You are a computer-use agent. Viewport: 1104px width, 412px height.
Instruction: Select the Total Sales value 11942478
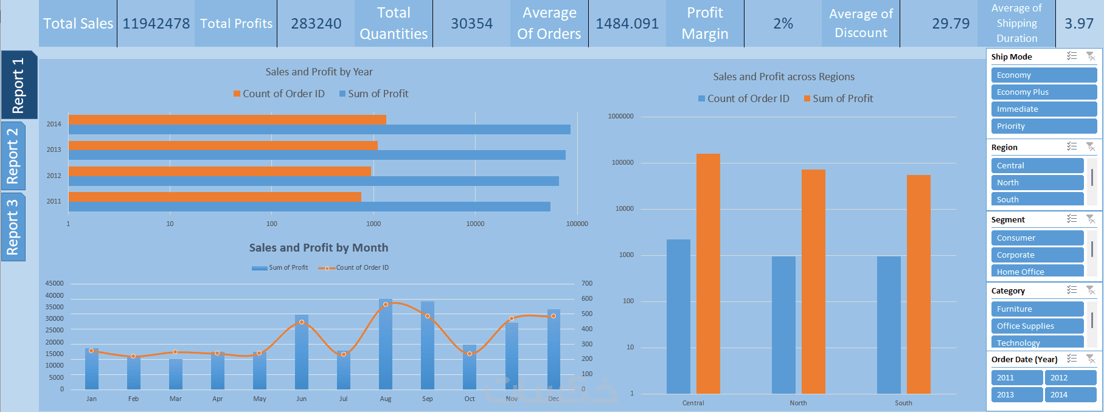[156, 24]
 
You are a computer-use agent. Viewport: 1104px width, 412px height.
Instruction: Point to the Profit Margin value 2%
[783, 24]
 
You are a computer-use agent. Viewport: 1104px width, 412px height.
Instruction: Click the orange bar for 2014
[227, 120]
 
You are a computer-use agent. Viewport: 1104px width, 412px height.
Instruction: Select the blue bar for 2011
[309, 207]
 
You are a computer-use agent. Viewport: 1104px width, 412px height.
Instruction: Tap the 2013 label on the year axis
[54, 149]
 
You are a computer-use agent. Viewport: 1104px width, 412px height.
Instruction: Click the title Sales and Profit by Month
[318, 248]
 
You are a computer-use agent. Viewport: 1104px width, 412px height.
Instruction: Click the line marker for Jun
[302, 322]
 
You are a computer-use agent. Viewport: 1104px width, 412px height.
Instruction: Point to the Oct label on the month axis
[470, 399]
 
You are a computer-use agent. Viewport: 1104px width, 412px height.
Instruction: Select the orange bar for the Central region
[708, 273]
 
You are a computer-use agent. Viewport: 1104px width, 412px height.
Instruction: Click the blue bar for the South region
[889, 325]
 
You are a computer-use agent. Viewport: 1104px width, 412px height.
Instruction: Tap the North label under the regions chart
[798, 403]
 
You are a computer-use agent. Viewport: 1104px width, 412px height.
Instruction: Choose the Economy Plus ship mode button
[1043, 92]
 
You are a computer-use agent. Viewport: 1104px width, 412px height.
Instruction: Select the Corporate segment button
[1037, 255]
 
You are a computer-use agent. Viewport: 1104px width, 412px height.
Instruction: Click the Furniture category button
[1037, 309]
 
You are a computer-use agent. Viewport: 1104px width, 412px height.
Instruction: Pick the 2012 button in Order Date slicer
[1070, 378]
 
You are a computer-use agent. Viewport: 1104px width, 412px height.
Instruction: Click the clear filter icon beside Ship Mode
[1091, 57]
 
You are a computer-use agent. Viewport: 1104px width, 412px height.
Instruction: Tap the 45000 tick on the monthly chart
[55, 284]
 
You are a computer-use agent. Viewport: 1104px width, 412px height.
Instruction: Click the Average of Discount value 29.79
[951, 24]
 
